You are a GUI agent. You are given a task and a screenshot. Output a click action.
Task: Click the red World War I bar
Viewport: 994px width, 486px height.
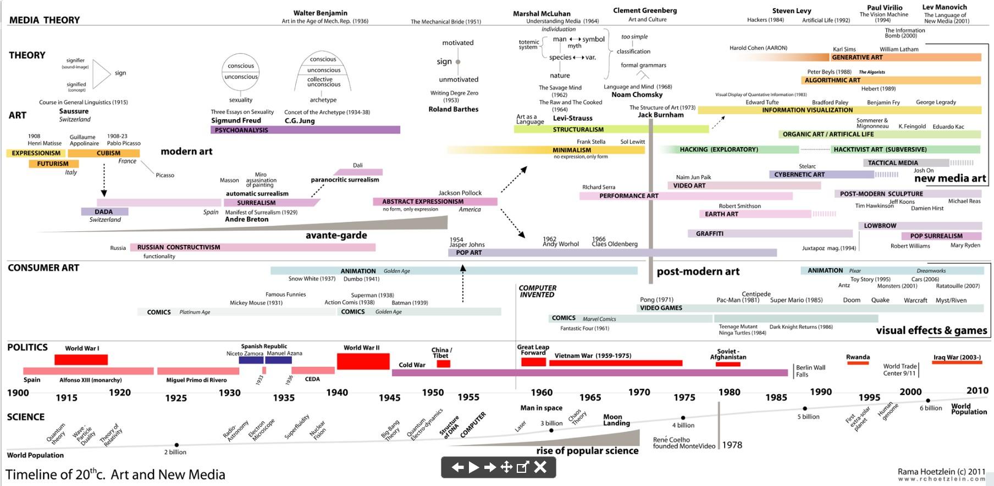coord(81,360)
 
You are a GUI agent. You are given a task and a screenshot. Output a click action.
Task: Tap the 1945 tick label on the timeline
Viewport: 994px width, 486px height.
coord(389,398)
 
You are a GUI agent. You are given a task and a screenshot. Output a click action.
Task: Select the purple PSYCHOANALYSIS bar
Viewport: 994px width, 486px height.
coord(305,130)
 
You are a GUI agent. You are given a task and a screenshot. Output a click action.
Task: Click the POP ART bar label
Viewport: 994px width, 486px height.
coord(468,253)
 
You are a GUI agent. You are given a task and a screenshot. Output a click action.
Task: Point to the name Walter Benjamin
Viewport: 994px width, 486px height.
coord(320,13)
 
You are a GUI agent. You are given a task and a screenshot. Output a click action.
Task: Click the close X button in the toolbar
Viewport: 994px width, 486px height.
coord(540,467)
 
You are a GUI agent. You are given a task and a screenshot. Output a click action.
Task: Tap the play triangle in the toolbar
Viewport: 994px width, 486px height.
coord(473,467)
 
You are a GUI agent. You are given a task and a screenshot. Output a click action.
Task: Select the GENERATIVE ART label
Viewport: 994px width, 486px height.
coord(857,57)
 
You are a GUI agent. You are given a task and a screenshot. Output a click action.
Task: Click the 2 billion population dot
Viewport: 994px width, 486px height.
coord(176,445)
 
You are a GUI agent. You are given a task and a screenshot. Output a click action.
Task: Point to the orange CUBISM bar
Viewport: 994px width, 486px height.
coord(108,153)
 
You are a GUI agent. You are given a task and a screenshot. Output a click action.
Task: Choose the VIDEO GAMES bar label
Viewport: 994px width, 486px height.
coord(661,308)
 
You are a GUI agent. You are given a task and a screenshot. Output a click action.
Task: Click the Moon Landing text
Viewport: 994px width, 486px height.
coord(616,420)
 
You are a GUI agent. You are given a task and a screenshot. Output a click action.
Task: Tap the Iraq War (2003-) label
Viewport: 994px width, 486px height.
coord(957,357)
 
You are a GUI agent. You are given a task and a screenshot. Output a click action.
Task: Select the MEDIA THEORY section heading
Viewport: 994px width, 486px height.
coord(45,20)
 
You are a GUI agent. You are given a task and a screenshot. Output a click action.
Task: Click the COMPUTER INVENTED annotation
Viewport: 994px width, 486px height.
coord(537,292)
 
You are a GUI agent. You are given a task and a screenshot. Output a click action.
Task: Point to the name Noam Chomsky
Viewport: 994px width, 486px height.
coord(637,94)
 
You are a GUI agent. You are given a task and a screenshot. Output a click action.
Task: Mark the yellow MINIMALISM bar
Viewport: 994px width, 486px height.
coord(572,150)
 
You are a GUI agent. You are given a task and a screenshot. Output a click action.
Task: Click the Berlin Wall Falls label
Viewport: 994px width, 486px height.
coord(810,371)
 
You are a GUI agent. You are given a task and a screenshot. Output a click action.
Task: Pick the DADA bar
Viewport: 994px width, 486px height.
coord(104,212)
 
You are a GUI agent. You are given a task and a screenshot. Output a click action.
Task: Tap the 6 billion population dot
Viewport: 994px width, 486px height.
coord(928,400)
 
